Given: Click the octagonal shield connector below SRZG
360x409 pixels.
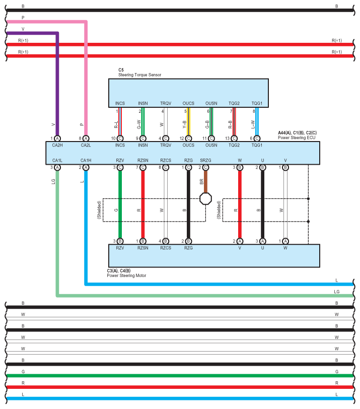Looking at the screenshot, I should click(206, 198).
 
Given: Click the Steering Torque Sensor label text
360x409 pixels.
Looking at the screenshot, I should click(140, 75).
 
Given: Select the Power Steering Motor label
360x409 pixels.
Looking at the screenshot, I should click(127, 276).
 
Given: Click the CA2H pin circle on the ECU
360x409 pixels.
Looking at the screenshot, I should click(57, 138).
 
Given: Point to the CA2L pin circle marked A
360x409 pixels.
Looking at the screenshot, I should click(86, 138).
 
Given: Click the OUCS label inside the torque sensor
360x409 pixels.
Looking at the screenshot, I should click(188, 103).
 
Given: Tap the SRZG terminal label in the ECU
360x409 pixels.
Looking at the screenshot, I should click(205, 161).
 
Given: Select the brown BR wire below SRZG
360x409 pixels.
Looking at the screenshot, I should click(205, 181).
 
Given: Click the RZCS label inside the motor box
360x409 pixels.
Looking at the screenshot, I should click(165, 248).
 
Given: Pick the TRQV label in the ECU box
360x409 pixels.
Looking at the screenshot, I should click(165, 146).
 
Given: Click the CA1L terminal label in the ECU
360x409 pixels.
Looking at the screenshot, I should click(57, 161).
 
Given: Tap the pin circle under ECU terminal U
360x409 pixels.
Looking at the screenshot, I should click(262, 167).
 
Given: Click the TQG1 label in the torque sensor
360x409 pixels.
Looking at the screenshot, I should click(257, 103).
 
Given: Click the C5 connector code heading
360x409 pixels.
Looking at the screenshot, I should click(121, 70).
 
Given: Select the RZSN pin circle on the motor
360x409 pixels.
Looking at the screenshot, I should click(143, 241).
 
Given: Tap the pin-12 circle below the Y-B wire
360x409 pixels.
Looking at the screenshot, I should click(188, 138).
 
